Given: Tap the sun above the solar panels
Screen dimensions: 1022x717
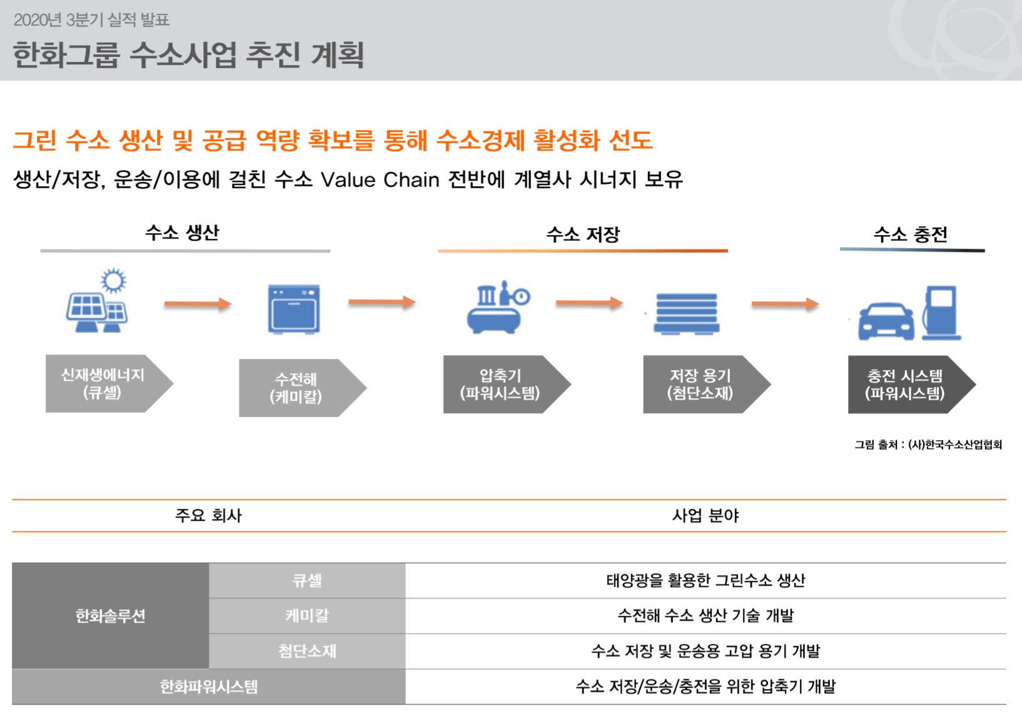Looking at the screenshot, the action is click(113, 281).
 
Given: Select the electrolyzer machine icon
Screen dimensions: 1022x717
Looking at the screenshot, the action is click(293, 309).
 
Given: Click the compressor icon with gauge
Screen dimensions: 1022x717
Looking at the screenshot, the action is click(498, 308).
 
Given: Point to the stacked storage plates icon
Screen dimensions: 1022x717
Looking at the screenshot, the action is click(686, 313).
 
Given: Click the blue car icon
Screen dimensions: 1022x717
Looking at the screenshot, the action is click(886, 321).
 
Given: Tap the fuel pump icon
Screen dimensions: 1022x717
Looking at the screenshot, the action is click(940, 312).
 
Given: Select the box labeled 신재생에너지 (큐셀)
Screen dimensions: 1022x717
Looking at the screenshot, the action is click(103, 384).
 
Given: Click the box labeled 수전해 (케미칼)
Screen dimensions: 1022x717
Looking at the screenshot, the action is click(296, 388).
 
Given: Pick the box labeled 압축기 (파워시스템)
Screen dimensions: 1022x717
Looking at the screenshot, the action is click(500, 384).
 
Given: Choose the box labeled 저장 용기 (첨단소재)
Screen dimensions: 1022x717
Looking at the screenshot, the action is click(701, 384).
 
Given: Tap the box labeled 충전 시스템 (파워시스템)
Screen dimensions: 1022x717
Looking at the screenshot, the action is click(905, 384).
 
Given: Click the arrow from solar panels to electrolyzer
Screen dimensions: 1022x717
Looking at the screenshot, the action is click(198, 304).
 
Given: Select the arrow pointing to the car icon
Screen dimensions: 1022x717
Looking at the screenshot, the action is click(785, 304).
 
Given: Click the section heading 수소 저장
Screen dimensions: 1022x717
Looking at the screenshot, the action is click(583, 235).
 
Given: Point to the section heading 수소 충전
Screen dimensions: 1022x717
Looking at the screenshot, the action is click(911, 235).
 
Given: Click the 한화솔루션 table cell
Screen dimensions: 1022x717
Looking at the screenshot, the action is click(111, 616).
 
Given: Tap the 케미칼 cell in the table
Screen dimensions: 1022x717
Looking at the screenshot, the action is click(307, 616).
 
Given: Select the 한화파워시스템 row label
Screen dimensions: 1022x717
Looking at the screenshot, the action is click(208, 687).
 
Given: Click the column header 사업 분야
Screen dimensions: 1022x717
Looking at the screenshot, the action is click(706, 516).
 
